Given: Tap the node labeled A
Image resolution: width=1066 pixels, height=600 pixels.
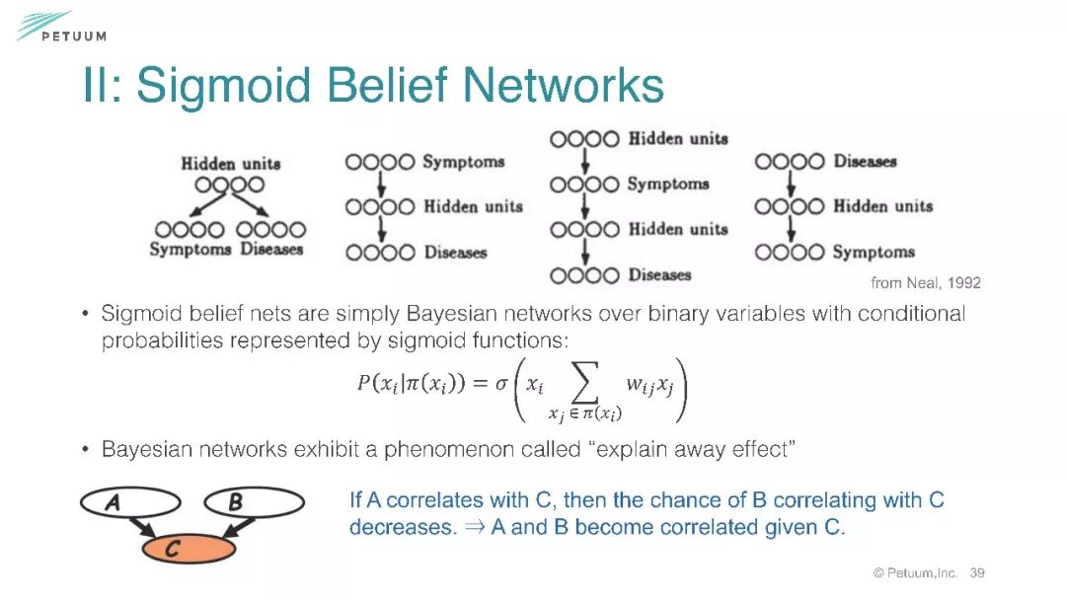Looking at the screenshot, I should point(129,502).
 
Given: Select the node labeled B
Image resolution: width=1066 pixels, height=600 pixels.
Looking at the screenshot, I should point(254,502).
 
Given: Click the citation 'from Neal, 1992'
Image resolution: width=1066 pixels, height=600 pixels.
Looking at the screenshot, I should point(925,283).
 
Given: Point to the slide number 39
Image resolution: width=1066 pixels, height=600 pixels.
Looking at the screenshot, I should point(977,573).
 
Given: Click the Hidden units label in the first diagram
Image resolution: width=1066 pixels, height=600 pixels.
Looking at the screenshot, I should point(230,164).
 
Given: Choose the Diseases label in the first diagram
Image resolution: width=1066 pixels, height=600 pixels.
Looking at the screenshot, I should point(271,250).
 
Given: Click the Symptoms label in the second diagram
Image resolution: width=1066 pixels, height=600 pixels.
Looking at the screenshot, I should point(463,162).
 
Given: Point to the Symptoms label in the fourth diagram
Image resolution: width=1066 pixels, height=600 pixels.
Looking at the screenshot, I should point(874,252).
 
